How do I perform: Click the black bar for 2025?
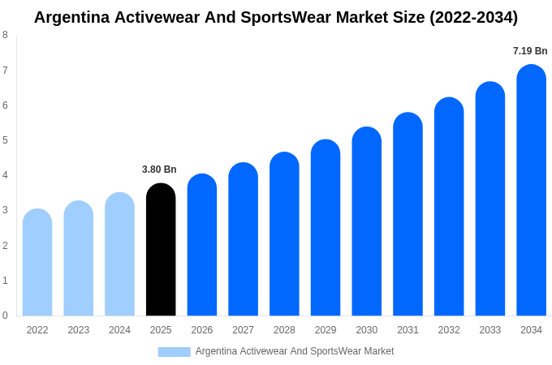(x=161, y=251)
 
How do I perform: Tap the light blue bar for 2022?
(x=37, y=264)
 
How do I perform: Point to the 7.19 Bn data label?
(x=530, y=51)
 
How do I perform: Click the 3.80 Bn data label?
(x=159, y=170)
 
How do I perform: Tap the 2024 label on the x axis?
(x=119, y=330)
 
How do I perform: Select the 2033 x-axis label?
(x=489, y=330)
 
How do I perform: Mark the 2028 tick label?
(x=284, y=330)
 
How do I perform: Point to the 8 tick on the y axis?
(x=5, y=35)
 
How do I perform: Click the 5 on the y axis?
(x=5, y=140)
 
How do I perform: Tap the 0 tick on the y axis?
(x=5, y=316)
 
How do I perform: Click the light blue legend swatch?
(x=174, y=352)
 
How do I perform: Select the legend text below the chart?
(x=294, y=351)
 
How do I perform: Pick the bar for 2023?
(x=79, y=260)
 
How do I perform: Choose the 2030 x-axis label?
(x=366, y=330)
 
